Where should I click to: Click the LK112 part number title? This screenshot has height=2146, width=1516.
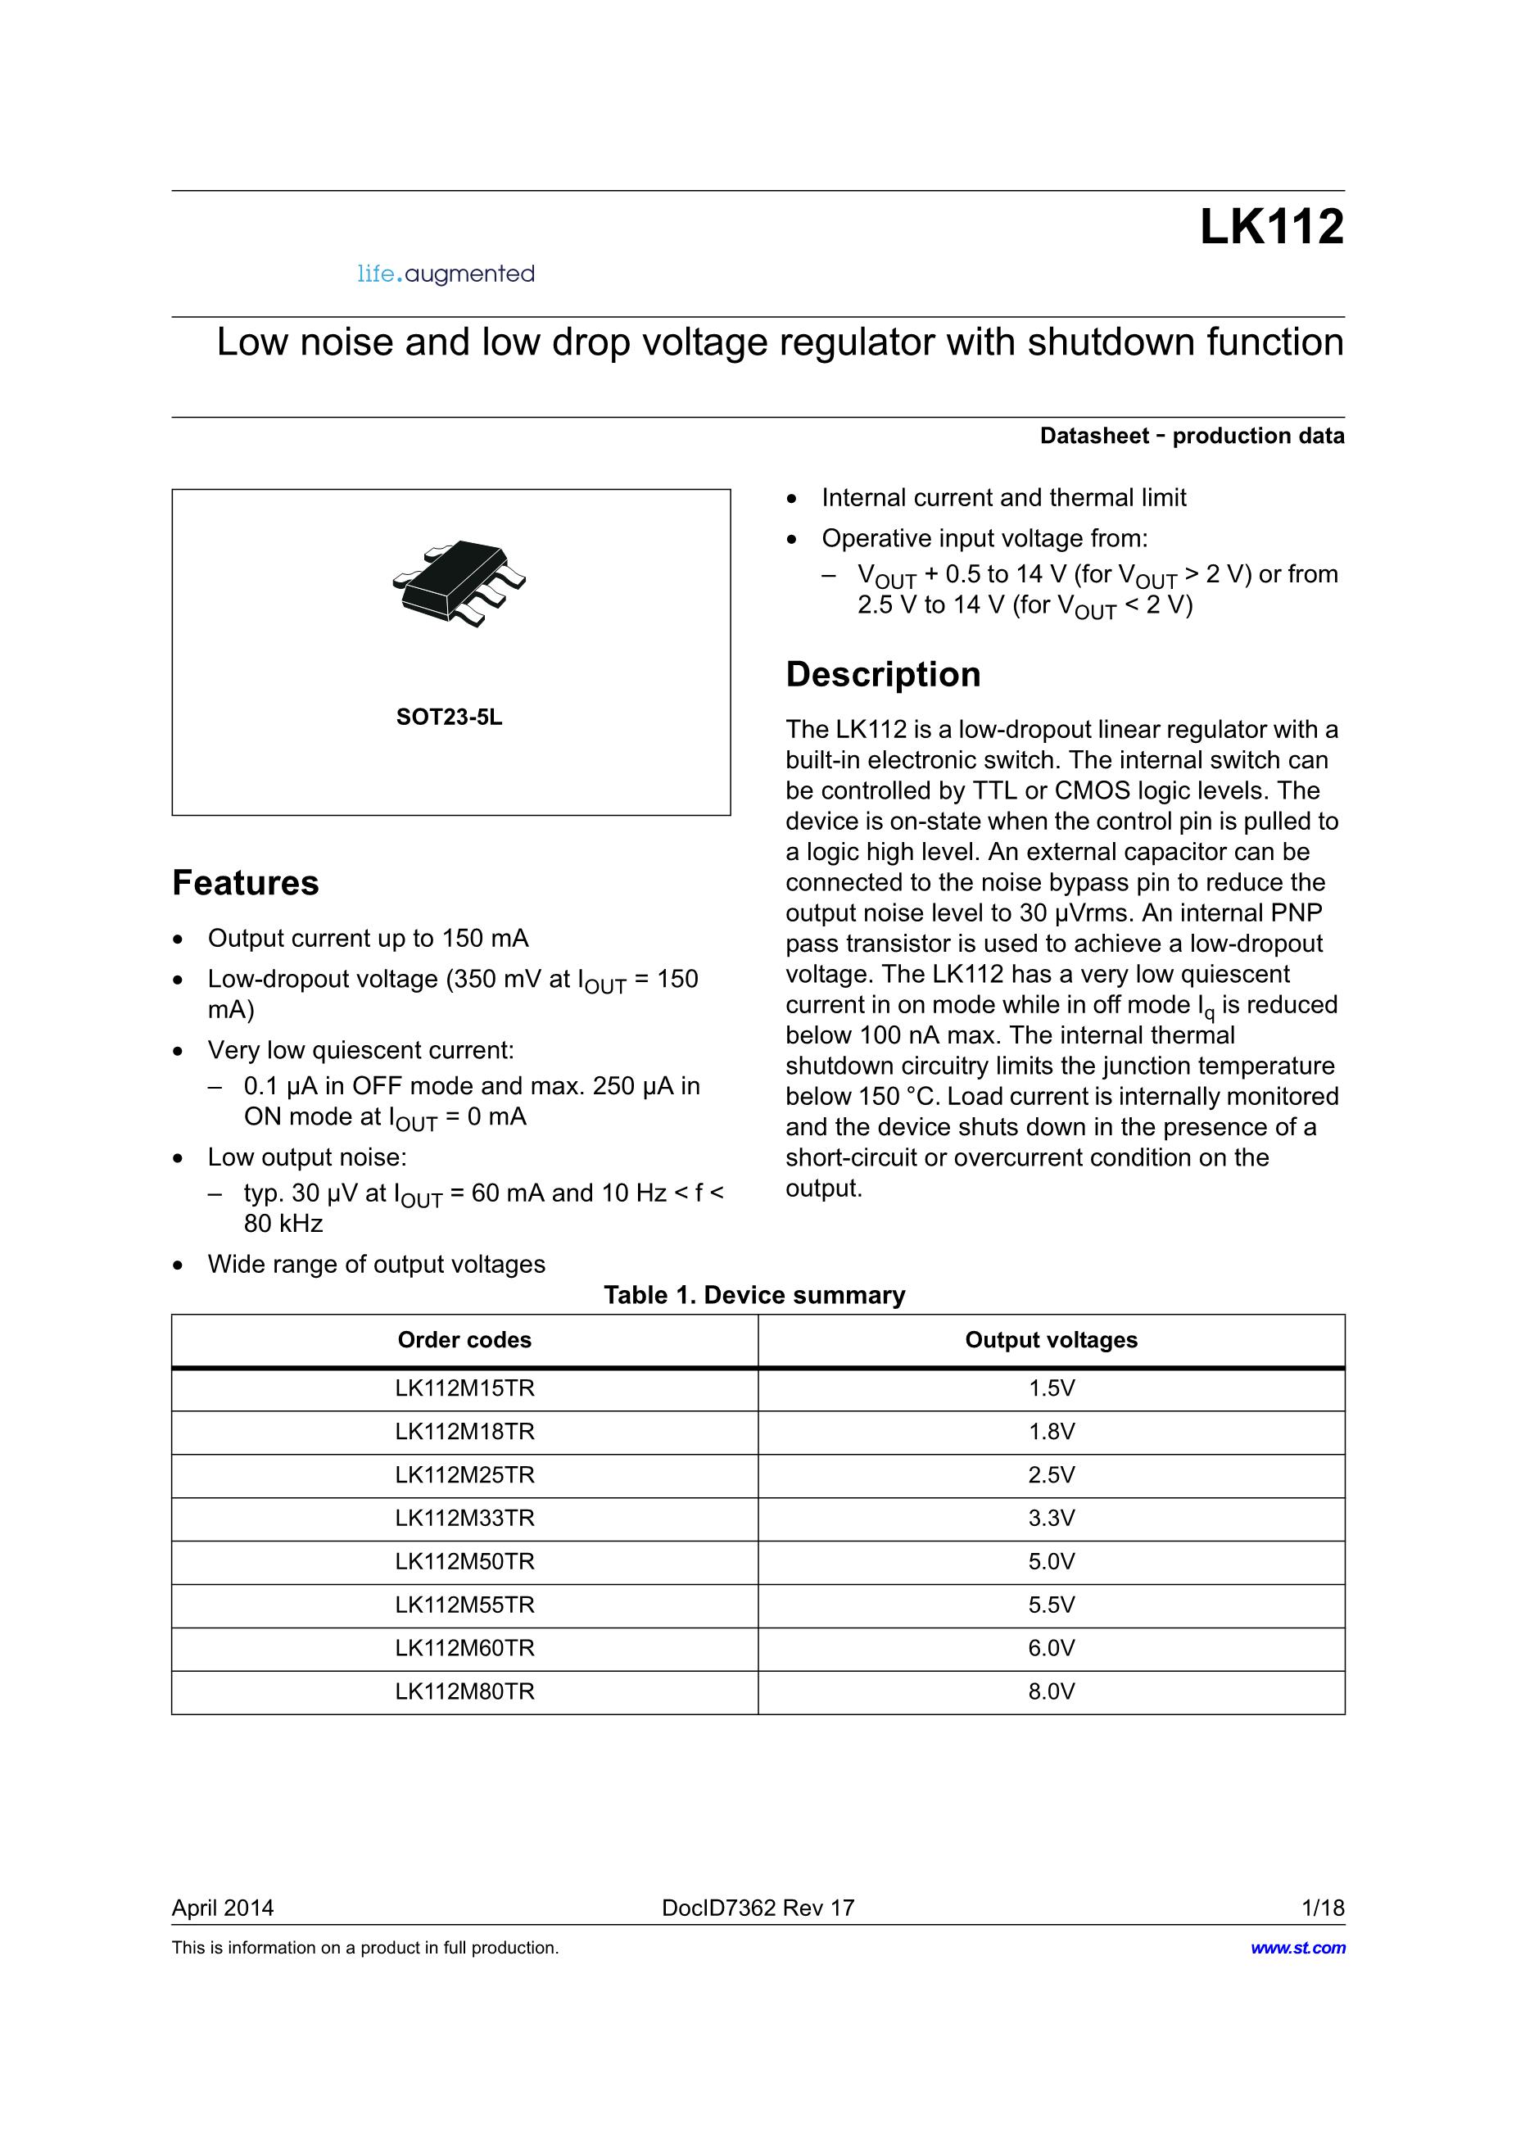tap(1271, 227)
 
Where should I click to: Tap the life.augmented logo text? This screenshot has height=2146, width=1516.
tap(446, 274)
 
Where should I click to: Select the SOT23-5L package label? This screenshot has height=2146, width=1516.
tap(449, 717)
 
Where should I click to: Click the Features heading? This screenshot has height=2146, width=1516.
tap(246, 882)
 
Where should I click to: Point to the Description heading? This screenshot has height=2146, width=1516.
tap(882, 674)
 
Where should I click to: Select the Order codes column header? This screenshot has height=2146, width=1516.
tap(464, 1339)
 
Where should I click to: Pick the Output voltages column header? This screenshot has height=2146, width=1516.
tap(1051, 1339)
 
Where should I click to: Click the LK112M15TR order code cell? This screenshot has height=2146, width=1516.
tap(464, 1388)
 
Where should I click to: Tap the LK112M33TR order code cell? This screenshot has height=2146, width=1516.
tap(464, 1518)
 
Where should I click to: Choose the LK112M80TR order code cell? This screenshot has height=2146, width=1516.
tap(464, 1691)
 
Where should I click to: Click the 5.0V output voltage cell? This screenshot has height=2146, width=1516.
tap(1052, 1561)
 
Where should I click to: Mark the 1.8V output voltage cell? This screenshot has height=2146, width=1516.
tap(1052, 1431)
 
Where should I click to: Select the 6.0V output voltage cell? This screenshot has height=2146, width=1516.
tap(1052, 1648)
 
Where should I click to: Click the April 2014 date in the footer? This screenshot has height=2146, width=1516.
tap(223, 1908)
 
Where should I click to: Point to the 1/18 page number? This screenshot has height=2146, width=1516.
tap(1323, 1908)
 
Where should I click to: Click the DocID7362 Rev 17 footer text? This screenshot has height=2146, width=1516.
tap(758, 1908)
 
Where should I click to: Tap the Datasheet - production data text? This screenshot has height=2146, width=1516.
tap(1192, 436)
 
